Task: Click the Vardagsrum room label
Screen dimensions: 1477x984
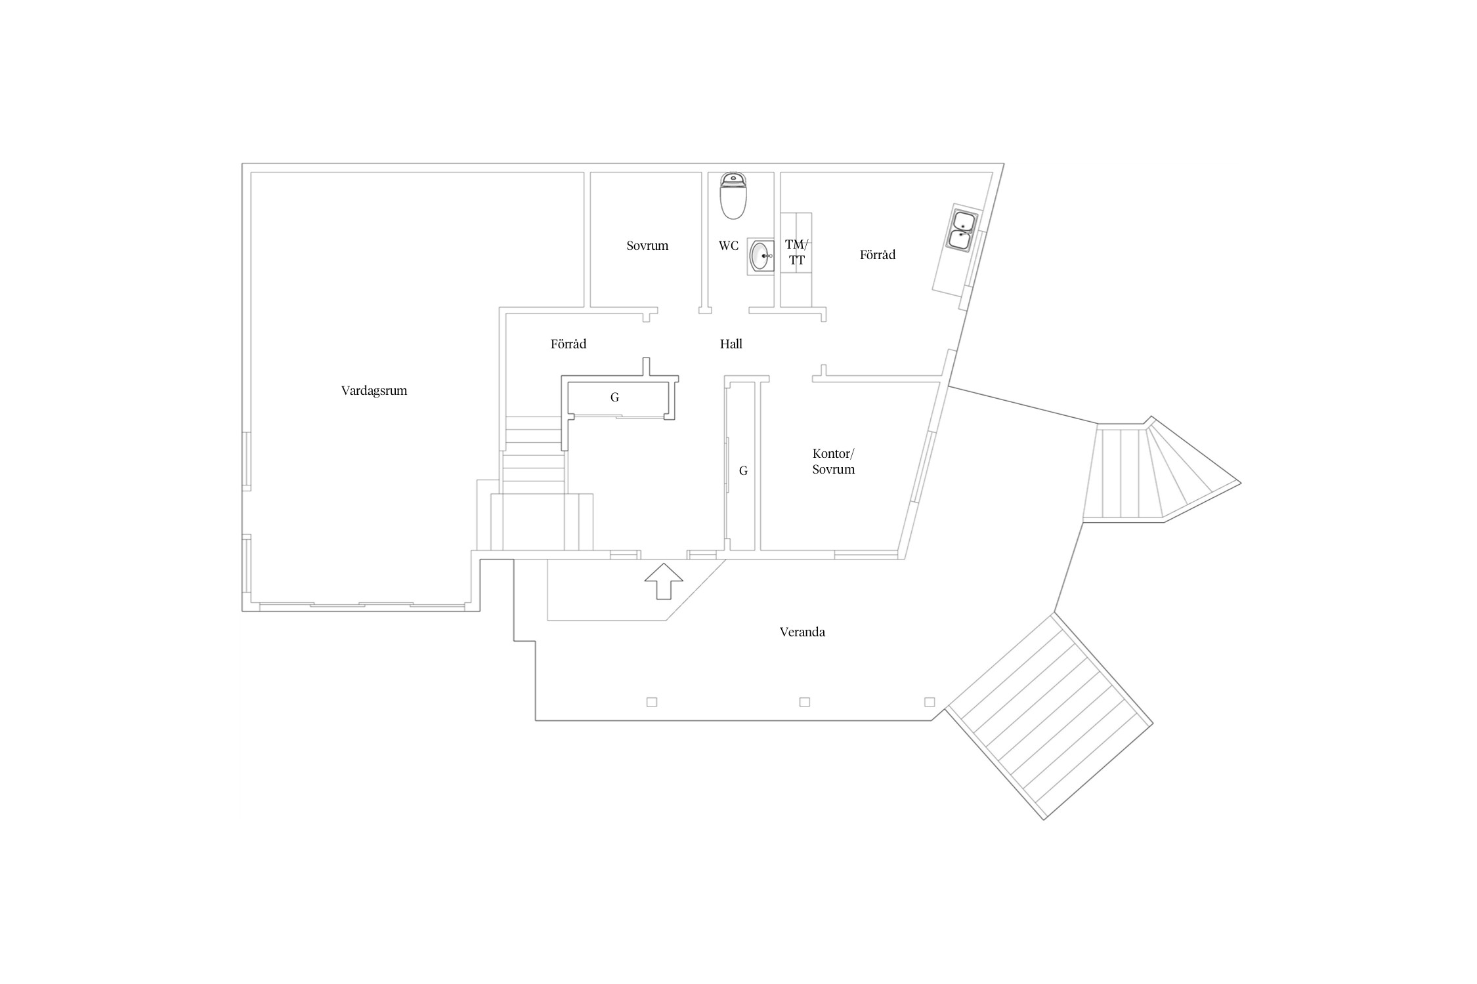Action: click(x=374, y=391)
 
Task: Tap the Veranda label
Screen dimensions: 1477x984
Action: click(x=802, y=632)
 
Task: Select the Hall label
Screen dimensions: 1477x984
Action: click(x=731, y=344)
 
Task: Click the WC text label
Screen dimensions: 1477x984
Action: click(x=729, y=246)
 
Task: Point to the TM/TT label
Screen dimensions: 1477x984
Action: click(x=796, y=253)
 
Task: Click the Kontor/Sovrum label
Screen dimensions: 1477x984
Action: click(x=834, y=461)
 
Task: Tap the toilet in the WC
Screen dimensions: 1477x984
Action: click(x=733, y=195)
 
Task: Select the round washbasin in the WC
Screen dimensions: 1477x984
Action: click(x=761, y=256)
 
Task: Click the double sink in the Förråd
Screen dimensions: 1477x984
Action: click(x=962, y=230)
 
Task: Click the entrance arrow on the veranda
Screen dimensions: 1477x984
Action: click(x=664, y=581)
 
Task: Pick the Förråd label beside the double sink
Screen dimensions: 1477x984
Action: click(x=878, y=255)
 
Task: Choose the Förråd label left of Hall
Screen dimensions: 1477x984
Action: click(x=568, y=344)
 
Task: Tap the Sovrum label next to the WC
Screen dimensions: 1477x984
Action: click(x=647, y=246)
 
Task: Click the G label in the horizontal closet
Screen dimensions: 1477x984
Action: click(x=614, y=397)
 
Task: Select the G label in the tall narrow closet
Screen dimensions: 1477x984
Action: click(x=743, y=470)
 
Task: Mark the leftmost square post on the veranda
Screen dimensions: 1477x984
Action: click(x=652, y=702)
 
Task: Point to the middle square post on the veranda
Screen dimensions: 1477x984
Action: click(x=805, y=702)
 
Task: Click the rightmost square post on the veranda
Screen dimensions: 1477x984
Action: click(x=930, y=702)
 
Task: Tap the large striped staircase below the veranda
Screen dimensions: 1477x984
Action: click(x=1049, y=716)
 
